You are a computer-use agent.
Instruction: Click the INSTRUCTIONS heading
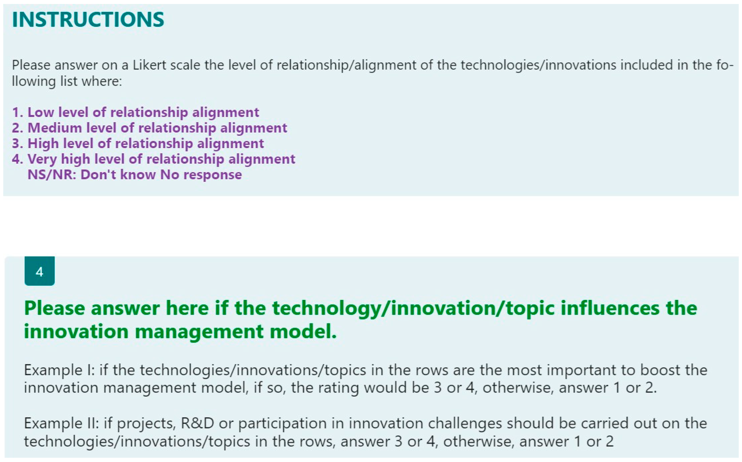(x=88, y=19)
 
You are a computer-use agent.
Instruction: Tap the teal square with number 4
(x=40, y=271)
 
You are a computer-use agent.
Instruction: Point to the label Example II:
(x=61, y=424)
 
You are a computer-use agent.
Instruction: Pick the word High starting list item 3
(x=43, y=144)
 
